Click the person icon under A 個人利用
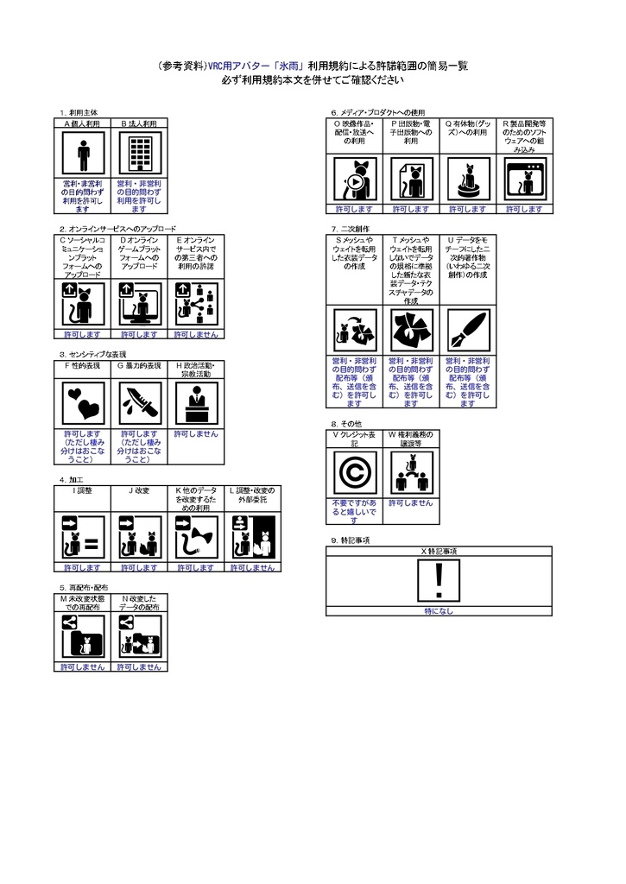coord(83,155)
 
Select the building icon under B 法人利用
coord(139,155)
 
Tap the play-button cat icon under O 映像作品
coord(354,180)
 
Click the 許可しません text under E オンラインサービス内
coord(195,333)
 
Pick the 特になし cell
coord(439,611)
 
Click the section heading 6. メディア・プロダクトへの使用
coord(378,113)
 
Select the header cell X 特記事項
coord(439,551)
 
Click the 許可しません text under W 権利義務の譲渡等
coord(410,502)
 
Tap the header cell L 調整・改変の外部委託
coord(251,495)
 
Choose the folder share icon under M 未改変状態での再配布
coord(83,638)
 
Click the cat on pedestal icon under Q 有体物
coord(467,180)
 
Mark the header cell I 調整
coord(83,489)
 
